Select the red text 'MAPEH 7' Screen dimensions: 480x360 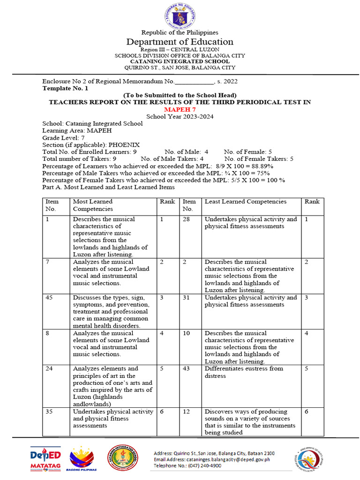click(180, 109)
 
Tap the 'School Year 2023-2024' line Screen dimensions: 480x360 click(180, 116)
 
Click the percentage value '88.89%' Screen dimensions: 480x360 click(261, 166)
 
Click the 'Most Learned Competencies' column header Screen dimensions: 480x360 click(93, 205)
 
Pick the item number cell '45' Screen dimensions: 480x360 click(49, 298)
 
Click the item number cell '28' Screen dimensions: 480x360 click(186, 219)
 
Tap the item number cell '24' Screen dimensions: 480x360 click(49, 369)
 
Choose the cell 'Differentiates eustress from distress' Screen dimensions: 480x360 click(244, 372)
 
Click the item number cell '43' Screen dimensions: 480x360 click(186, 369)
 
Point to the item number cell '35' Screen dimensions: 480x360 click(49, 412)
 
